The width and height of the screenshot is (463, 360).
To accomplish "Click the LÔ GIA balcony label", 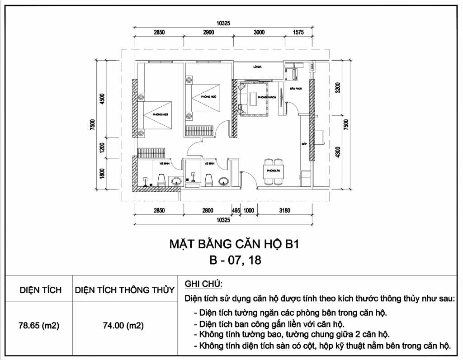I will coord(258,66).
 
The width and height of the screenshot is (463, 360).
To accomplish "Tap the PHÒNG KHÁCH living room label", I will coord(264,97).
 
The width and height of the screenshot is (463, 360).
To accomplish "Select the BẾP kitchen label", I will coord(304,144).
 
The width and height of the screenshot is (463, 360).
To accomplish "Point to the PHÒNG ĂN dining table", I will coord(273,171).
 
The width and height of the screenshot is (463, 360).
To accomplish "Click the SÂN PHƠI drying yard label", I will coord(295,89).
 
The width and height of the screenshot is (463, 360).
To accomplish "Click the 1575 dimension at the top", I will coord(298,32).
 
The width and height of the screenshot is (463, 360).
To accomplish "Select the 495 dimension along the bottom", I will coord(236,210).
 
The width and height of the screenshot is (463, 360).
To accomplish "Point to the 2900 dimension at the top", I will coord(208,32).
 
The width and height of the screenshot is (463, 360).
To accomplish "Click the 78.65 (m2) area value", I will coord(39,325).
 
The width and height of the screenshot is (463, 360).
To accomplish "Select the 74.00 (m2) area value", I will coord(124,325).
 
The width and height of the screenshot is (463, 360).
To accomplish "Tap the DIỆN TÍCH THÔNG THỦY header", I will coord(124,290).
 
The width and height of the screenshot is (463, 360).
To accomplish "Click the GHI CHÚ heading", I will coord(203,284).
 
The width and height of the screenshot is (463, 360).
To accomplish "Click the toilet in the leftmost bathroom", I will coord(161,180).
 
